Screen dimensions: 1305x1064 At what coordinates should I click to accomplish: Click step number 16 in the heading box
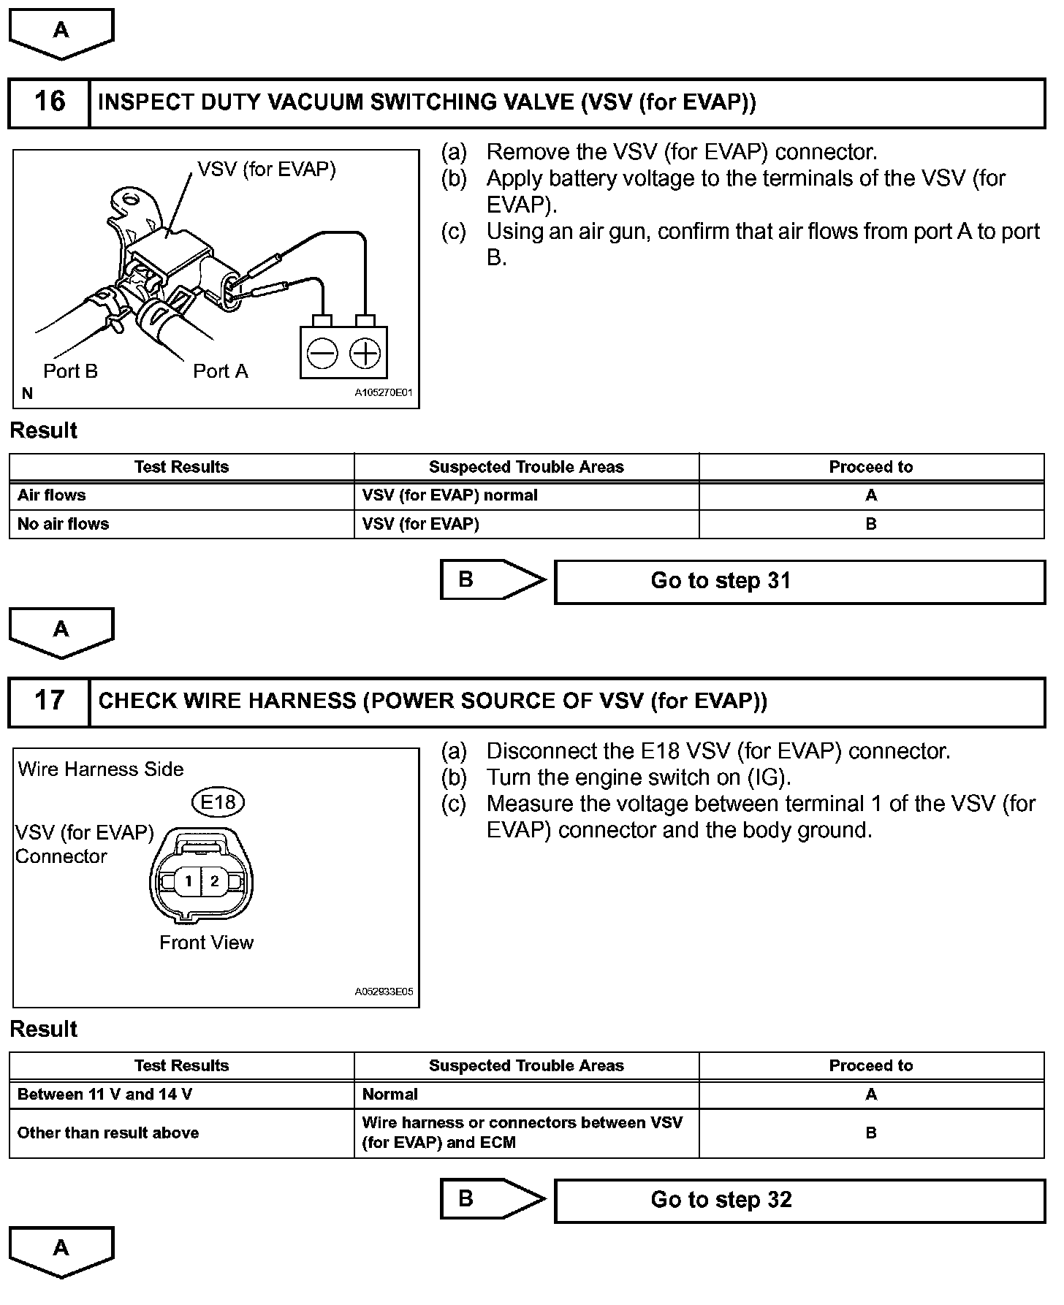[x=50, y=102]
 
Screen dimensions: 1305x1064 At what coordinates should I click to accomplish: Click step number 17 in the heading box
[x=50, y=701]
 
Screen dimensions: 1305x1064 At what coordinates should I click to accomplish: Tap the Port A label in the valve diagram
[x=220, y=371]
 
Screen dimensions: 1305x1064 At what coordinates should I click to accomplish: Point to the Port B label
[x=70, y=371]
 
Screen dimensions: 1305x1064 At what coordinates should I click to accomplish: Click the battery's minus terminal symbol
[x=322, y=354]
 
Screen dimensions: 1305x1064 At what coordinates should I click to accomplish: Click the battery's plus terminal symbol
[x=365, y=354]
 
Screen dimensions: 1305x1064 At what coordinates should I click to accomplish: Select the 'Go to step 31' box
[x=799, y=582]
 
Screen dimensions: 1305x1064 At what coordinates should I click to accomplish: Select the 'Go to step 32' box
[x=799, y=1201]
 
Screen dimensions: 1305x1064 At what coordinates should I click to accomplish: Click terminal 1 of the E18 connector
[x=189, y=881]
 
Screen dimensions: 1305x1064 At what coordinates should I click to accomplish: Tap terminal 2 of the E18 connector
[x=214, y=881]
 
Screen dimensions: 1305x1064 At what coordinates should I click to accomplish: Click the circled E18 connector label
[x=218, y=803]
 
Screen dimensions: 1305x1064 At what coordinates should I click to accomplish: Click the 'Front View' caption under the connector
[x=206, y=943]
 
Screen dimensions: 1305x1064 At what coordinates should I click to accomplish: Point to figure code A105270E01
[x=384, y=392]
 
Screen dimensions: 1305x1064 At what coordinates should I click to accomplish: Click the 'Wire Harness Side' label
[x=101, y=769]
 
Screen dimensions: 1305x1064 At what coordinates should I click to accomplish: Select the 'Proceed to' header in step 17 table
[x=871, y=1066]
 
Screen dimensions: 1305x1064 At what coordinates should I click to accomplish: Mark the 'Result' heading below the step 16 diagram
[x=44, y=430]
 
